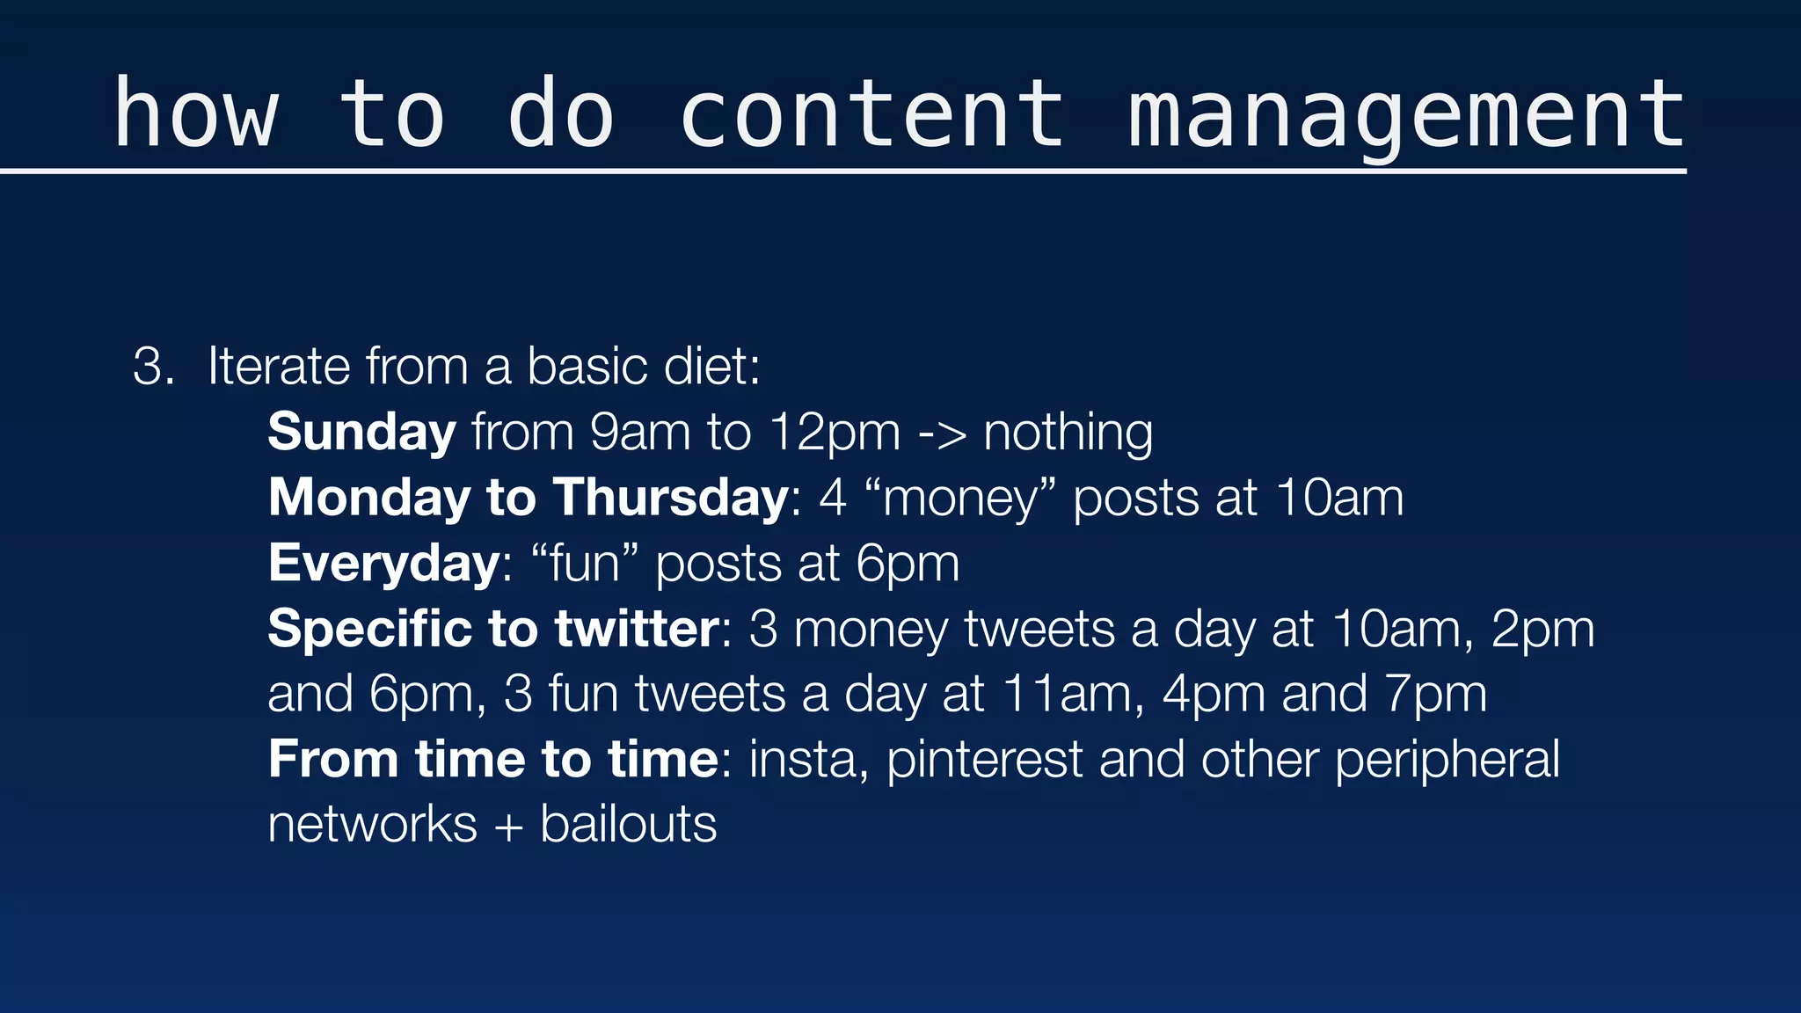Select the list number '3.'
tap(154, 367)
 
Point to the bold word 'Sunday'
tap(361, 433)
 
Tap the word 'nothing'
tap(1068, 433)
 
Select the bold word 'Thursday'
tap(671, 498)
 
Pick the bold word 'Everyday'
tap(384, 564)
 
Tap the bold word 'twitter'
tap(637, 629)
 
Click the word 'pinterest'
tap(984, 760)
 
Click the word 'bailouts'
tap(628, 825)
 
